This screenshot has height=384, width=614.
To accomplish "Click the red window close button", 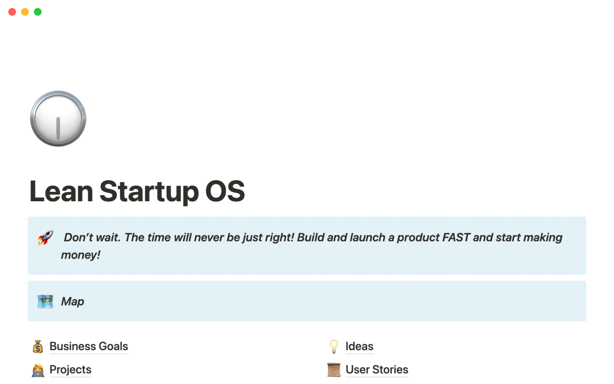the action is (12, 12).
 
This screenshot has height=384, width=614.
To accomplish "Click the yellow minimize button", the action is (25, 12).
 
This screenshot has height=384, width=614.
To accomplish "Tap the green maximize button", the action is (38, 12).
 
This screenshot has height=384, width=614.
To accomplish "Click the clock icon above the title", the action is (58, 119).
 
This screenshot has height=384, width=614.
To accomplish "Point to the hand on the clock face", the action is (58, 129).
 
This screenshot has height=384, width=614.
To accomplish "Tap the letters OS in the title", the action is (225, 191).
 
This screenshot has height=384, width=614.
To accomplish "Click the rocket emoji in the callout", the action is (45, 238).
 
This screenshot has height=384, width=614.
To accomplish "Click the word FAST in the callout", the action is (456, 237).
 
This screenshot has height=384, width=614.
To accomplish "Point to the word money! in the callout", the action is (81, 255).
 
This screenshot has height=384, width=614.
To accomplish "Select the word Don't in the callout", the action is (78, 237).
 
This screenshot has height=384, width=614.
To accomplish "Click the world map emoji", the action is (45, 301).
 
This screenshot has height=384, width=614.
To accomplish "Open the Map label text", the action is (73, 301).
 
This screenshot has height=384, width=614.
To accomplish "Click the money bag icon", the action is (38, 347).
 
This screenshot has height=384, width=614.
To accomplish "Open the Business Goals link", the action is (89, 346).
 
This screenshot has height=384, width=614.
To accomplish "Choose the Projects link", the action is (70, 370).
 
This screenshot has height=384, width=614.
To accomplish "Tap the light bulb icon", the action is (334, 347).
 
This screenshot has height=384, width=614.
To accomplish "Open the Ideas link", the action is (359, 346).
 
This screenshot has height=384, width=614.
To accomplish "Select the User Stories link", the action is (377, 370).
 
